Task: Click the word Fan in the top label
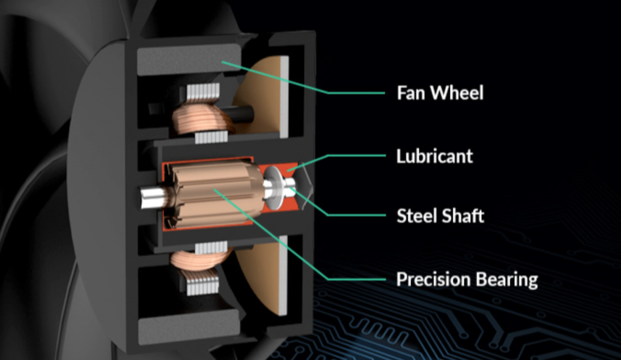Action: [x=411, y=93]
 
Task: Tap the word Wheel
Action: [x=457, y=93]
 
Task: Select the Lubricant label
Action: [x=435, y=156]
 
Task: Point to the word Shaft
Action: [x=463, y=216]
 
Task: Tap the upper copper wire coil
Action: [x=203, y=118]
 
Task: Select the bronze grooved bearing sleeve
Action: [x=216, y=194]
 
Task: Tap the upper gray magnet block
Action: [x=188, y=60]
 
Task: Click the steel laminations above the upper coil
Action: [x=203, y=92]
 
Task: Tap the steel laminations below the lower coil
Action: [x=202, y=284]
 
